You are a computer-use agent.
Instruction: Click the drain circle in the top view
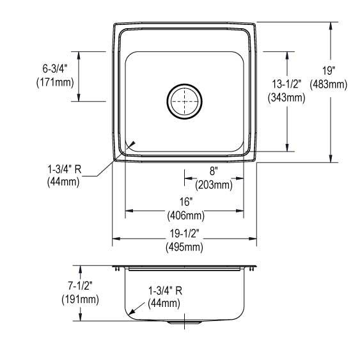185,84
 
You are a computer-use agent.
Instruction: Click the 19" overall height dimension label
329,70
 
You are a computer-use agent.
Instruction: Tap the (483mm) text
329,84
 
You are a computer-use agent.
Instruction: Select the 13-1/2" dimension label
286,84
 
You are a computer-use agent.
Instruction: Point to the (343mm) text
286,98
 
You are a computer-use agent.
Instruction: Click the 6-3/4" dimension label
55,68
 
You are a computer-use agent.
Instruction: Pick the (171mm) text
55,82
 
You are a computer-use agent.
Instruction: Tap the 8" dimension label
214,171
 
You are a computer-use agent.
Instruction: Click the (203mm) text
214,185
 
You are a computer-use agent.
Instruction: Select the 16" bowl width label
185,202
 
